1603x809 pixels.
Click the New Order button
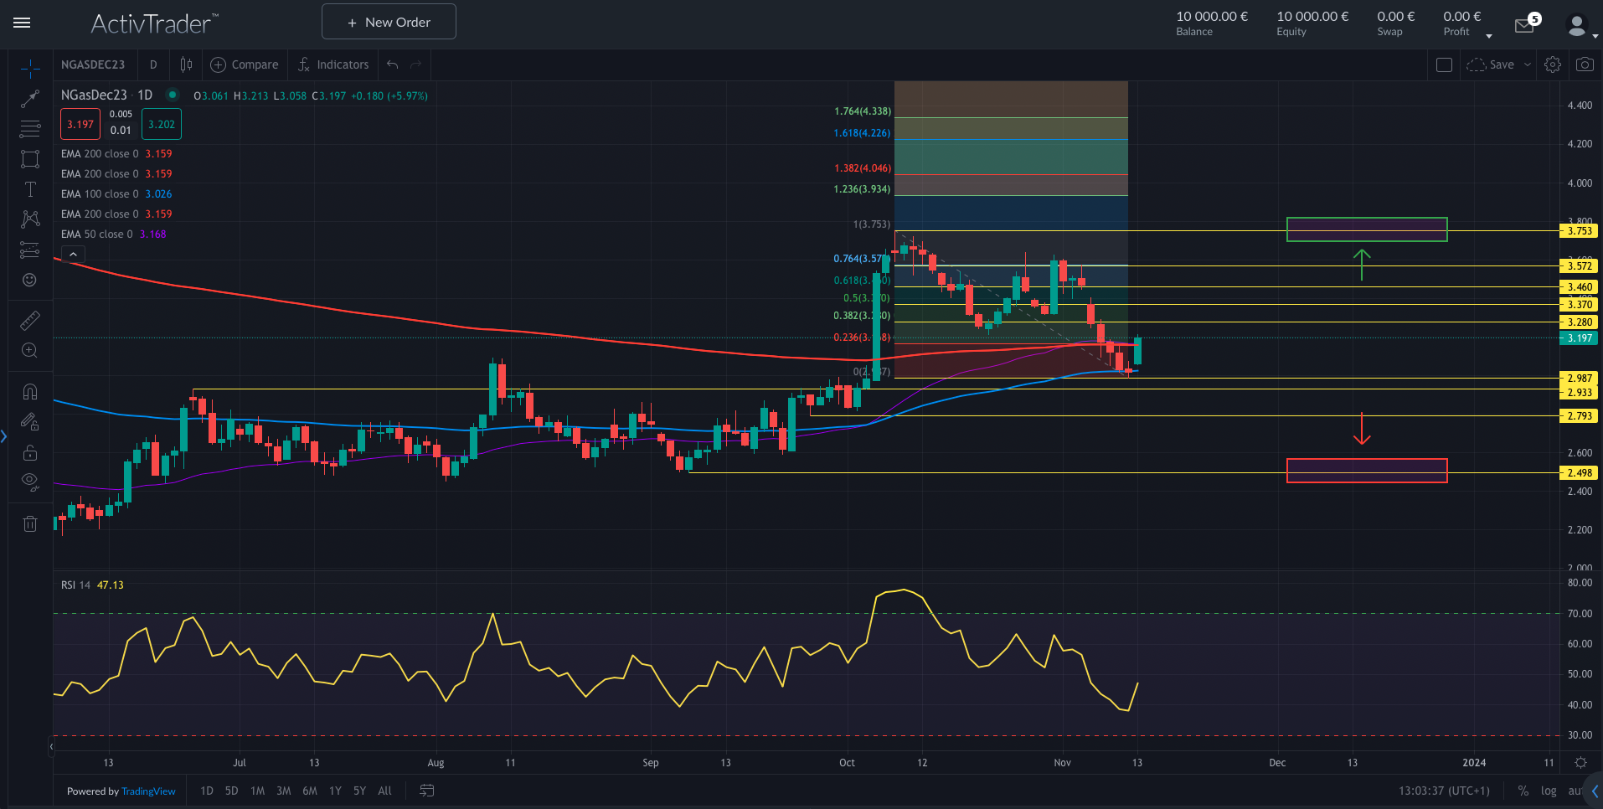(x=389, y=22)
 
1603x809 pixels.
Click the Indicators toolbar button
(x=333, y=64)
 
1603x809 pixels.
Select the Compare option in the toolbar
(x=245, y=64)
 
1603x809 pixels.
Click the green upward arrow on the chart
(x=1362, y=264)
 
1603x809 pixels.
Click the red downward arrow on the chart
(x=1362, y=429)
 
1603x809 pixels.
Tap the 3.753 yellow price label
(x=1580, y=231)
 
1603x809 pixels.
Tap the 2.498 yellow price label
(x=1580, y=473)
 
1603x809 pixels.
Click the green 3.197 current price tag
(x=1580, y=338)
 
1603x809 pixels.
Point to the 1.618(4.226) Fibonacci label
(x=862, y=133)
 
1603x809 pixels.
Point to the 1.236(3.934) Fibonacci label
(x=862, y=189)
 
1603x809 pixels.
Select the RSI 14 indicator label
(x=75, y=585)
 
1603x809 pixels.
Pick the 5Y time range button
(x=359, y=791)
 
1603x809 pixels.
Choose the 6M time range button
(x=310, y=791)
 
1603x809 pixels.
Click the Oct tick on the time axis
(x=847, y=763)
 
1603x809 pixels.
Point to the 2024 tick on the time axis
(x=1474, y=763)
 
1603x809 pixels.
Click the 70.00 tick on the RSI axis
(x=1580, y=614)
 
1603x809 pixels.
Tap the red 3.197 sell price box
(x=80, y=125)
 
